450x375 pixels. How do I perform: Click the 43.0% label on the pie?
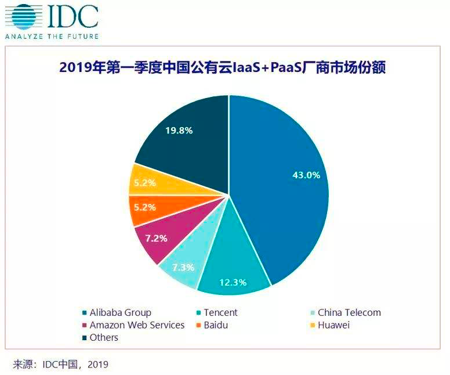click(306, 175)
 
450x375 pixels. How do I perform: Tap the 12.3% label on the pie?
click(233, 283)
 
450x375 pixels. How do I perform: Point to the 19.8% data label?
click(179, 130)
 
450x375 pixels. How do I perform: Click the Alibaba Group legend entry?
click(120, 312)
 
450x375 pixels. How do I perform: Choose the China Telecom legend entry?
click(349, 312)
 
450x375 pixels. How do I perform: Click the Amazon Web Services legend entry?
click(137, 325)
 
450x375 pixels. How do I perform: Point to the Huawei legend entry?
click(333, 325)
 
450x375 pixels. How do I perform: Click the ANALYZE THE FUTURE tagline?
click(52, 36)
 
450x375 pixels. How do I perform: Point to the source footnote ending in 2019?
click(61, 365)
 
